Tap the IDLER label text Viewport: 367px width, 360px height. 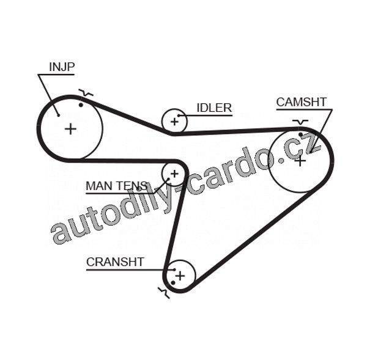tap(213, 108)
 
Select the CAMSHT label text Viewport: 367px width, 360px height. tap(301, 102)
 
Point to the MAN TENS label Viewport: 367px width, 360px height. tap(116, 186)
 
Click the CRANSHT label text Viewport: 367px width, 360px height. tap(115, 262)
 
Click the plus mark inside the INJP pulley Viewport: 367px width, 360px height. tap(72, 128)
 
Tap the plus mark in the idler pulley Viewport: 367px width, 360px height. tap(175, 121)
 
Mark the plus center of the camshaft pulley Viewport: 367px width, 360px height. tap(300, 161)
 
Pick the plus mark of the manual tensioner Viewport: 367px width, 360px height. tap(174, 174)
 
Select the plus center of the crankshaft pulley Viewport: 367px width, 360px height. tap(180, 276)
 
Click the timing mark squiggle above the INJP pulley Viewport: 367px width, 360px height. tap(86, 94)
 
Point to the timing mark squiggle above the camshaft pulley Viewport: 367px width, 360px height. tap(300, 122)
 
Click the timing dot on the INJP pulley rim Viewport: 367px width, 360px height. tap(81, 105)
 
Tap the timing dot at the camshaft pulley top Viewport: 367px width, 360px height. tap(300, 134)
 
